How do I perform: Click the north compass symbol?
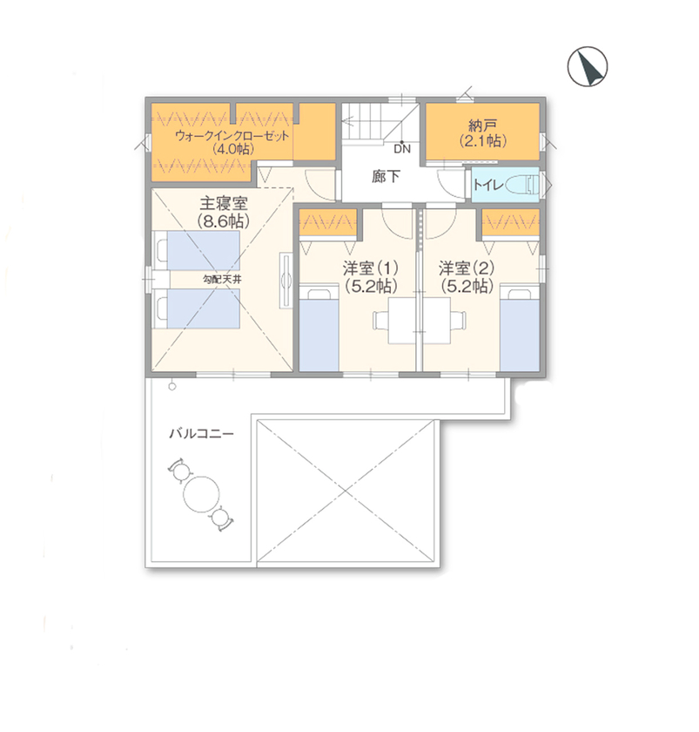click(x=588, y=67)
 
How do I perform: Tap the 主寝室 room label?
click(x=224, y=203)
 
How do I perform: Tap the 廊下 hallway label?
click(x=384, y=177)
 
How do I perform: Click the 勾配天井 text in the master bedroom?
click(x=221, y=280)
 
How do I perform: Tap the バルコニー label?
click(x=201, y=433)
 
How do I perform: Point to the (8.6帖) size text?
click(x=224, y=221)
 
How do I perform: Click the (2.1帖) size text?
click(x=483, y=140)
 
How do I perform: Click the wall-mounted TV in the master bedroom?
click(x=285, y=280)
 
